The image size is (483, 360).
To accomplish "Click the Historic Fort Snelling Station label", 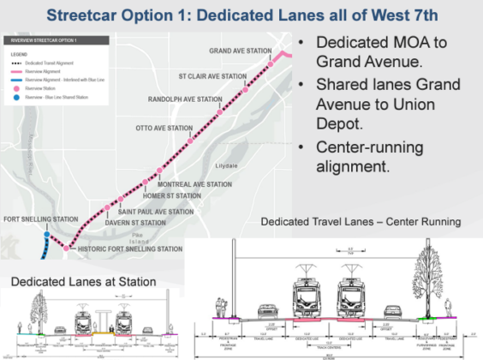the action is click(x=128, y=249).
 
